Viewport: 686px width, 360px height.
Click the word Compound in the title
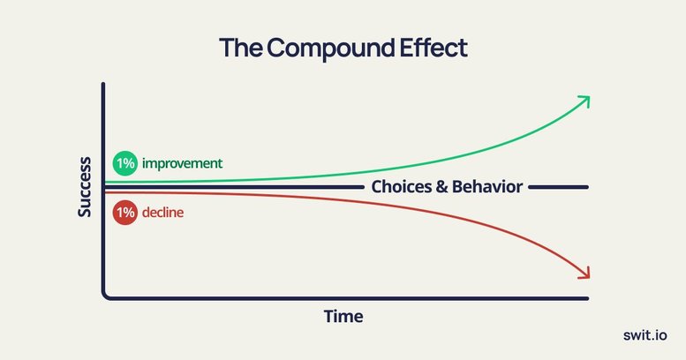(331, 49)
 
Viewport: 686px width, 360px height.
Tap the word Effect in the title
(433, 48)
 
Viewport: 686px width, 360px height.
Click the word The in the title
(241, 48)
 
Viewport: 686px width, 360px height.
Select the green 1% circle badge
(125, 163)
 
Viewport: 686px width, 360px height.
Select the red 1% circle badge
(125, 213)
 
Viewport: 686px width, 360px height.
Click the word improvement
(182, 163)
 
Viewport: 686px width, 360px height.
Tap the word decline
(162, 213)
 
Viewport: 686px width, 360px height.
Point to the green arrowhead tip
(589, 97)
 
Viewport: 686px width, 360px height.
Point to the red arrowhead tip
(589, 277)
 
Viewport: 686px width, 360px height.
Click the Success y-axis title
(85, 187)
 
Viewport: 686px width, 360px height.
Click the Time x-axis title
(343, 316)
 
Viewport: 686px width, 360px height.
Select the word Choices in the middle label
(402, 187)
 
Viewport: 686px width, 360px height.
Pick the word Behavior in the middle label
(487, 187)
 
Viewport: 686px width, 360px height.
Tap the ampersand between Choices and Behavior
(441, 187)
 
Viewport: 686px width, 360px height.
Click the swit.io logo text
(645, 335)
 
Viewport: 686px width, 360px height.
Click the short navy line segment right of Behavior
(558, 187)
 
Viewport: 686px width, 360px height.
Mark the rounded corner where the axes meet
(105, 296)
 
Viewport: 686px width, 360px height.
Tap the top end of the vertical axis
(103, 83)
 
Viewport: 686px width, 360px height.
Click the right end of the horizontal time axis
(587, 299)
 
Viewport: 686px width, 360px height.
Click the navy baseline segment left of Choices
(235, 187)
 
